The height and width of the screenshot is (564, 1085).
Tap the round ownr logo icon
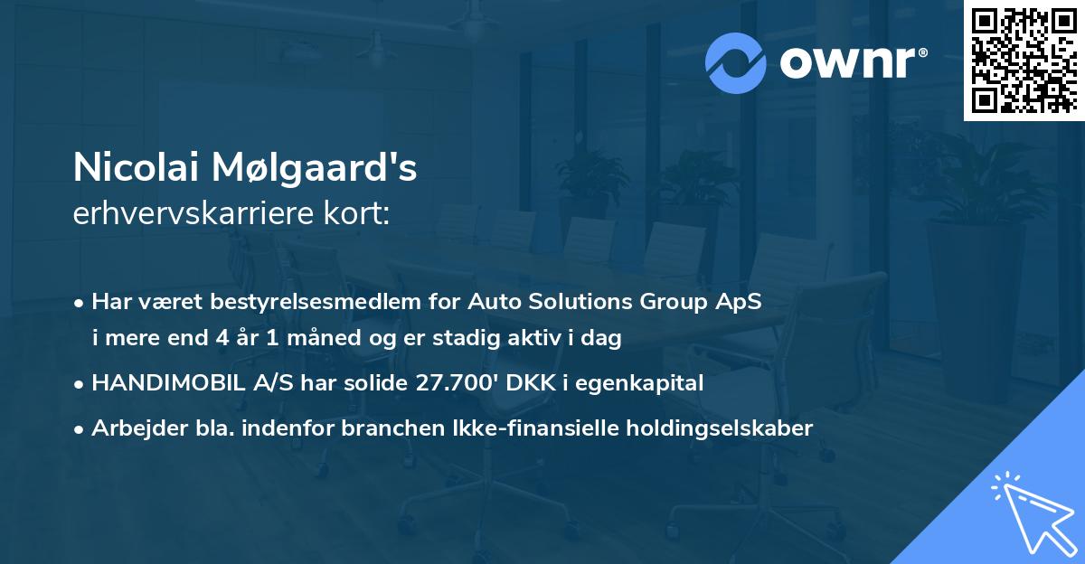(735, 61)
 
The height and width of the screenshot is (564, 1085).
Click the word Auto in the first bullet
(495, 302)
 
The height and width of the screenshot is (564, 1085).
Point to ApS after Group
(741, 302)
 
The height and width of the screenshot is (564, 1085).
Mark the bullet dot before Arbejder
(80, 428)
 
